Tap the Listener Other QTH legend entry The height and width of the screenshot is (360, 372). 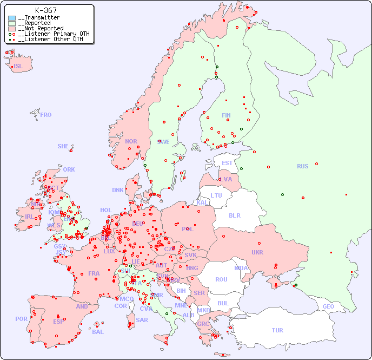[50, 39]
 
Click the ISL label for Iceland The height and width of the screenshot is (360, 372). [18, 67]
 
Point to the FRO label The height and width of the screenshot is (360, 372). [45, 115]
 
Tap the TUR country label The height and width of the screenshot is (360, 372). [277, 330]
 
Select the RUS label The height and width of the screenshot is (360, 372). [302, 166]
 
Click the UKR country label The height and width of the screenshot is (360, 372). [257, 252]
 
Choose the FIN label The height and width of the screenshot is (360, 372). [226, 115]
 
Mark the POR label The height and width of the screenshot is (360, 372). [21, 319]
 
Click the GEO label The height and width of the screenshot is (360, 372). [328, 306]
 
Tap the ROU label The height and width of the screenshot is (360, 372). [221, 279]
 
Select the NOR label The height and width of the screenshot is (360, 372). [131, 141]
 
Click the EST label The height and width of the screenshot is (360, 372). [227, 163]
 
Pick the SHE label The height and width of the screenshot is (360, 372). [63, 146]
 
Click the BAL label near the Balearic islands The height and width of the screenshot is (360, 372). [97, 332]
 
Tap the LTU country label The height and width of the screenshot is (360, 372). [216, 195]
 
